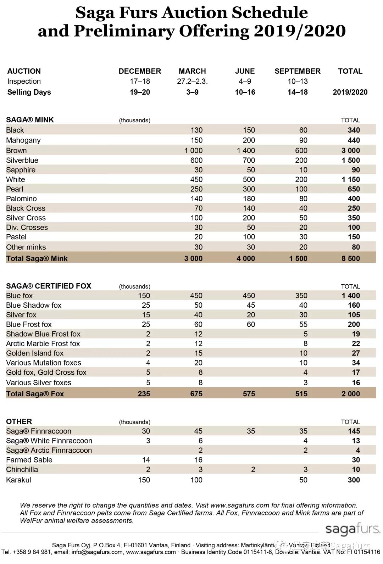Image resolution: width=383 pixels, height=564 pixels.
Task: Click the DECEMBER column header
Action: point(140,71)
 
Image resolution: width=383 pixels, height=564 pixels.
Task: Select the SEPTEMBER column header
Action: point(297,71)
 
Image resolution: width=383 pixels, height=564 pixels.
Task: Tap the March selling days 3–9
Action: point(192,92)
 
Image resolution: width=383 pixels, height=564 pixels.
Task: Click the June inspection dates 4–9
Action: point(245,81)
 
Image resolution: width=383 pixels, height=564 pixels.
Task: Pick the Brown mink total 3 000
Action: point(350,150)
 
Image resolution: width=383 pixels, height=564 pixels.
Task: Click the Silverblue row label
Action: point(22,160)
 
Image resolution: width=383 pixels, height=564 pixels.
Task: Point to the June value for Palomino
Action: point(249,199)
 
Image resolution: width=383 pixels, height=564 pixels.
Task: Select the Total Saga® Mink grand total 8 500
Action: point(350,258)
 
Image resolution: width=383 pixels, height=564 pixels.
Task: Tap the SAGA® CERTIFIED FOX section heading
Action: point(49,286)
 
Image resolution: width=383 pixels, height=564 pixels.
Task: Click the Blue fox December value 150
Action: point(144,296)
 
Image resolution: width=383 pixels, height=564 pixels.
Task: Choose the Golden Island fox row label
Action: point(35,353)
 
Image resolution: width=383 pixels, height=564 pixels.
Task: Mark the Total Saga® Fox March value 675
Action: point(196,393)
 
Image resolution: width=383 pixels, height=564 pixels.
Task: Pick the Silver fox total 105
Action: point(354,315)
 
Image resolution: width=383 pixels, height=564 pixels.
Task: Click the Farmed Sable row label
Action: point(29,460)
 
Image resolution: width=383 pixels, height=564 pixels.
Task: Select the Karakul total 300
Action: point(354,480)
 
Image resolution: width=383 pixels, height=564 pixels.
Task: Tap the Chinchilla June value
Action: point(253,469)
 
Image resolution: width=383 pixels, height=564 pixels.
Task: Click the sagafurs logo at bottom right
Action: point(353,529)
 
